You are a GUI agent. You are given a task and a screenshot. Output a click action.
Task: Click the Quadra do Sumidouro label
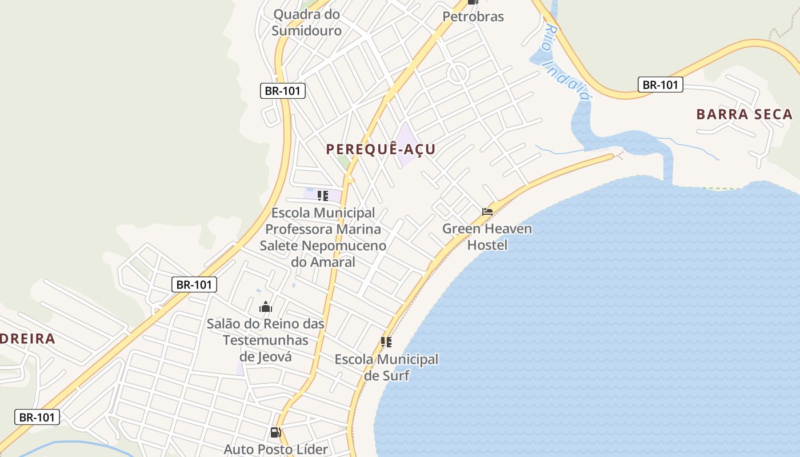[x=306, y=22]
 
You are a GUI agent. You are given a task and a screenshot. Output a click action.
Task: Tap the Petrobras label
[x=473, y=17]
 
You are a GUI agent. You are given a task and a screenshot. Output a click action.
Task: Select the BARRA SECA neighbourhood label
[x=744, y=114]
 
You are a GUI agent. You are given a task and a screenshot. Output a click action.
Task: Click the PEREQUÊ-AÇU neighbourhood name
[x=381, y=150]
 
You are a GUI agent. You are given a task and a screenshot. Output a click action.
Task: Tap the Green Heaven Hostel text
[x=487, y=236]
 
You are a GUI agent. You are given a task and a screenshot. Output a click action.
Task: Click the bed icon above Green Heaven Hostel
[x=487, y=211]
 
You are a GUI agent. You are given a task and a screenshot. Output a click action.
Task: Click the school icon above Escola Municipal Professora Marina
[x=323, y=196]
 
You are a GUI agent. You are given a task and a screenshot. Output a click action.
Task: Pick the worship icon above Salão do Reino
[x=265, y=307]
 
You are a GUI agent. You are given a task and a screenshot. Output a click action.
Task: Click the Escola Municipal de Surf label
[x=386, y=367]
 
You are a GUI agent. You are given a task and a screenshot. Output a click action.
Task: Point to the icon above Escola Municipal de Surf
[x=386, y=342]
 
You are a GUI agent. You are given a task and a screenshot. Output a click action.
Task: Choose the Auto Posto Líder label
[x=275, y=449]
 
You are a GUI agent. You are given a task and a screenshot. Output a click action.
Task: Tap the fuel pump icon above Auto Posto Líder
[x=275, y=432]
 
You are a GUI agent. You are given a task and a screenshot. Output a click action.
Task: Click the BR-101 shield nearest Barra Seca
[x=661, y=85]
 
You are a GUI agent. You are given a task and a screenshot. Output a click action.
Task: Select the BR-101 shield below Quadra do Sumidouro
[x=283, y=90]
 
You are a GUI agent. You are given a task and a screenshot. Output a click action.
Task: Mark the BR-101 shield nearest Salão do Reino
[x=194, y=284]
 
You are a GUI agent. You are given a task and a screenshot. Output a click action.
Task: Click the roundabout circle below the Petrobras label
[x=458, y=74]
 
